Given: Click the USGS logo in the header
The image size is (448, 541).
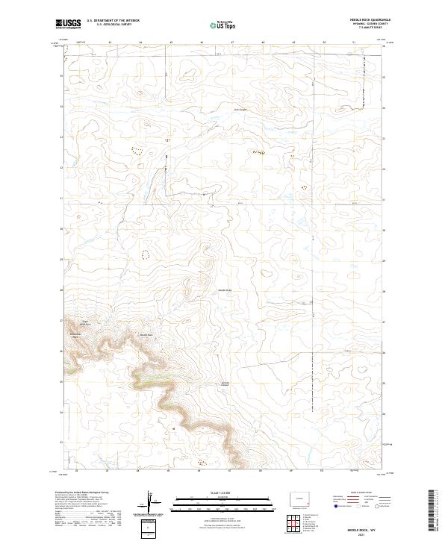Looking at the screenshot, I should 68,24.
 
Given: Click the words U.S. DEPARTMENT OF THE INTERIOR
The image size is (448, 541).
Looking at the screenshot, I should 113,21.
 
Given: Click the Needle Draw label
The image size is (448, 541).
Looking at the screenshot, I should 226,290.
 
